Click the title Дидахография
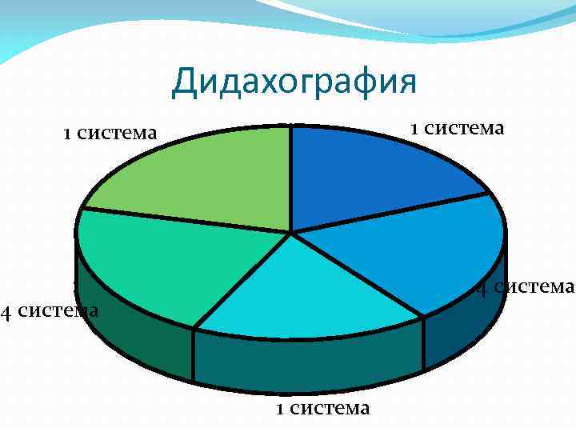(x=294, y=82)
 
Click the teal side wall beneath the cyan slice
(x=308, y=364)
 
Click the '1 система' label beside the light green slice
(x=110, y=133)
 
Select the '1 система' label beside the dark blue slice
(x=457, y=128)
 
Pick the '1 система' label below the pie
(x=322, y=408)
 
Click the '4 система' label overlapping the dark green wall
(x=50, y=310)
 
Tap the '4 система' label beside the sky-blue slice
(x=525, y=286)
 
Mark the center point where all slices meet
(x=291, y=233)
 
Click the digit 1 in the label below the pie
(x=280, y=409)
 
